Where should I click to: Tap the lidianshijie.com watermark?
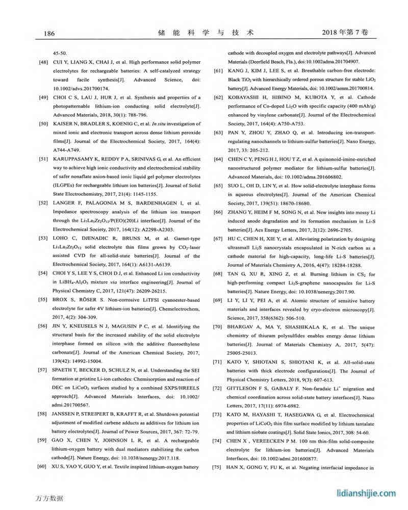click(367, 493)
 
